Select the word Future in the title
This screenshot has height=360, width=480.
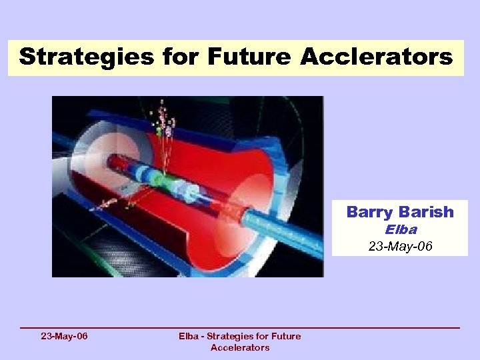coord(249,57)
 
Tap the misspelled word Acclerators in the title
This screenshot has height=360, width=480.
coord(377,57)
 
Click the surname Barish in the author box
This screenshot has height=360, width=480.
coord(427,212)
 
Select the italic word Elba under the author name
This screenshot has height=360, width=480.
coord(400,229)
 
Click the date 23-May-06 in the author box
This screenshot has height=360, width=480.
coord(400,246)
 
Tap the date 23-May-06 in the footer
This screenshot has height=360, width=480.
coord(64,336)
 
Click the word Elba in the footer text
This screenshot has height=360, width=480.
coord(190,336)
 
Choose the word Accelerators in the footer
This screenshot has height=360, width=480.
coord(240,347)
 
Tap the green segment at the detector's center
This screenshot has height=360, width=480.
coord(157,179)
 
